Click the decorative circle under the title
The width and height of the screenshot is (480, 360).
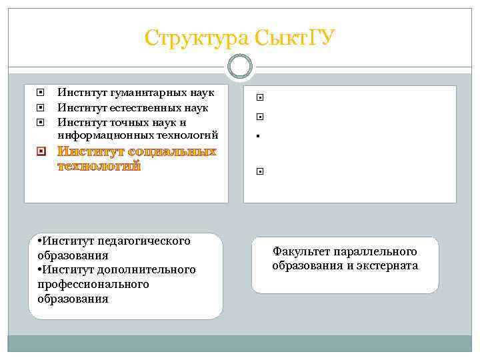240,65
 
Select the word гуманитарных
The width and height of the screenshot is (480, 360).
143,93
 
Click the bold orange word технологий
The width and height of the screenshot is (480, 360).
99,165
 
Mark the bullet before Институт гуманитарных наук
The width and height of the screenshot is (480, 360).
40,93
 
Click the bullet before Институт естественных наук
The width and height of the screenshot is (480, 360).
40,107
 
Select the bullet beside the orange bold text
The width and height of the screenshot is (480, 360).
41,152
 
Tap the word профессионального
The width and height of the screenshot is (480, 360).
93,284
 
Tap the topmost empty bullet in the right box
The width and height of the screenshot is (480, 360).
257,97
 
